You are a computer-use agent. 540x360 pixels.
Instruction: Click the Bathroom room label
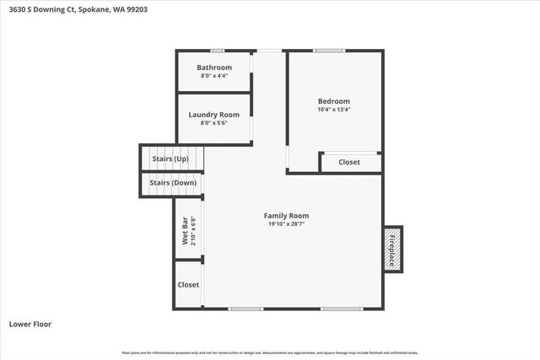click(214, 67)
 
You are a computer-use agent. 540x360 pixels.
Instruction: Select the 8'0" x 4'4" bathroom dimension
click(214, 76)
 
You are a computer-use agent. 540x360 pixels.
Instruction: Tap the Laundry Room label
click(214, 115)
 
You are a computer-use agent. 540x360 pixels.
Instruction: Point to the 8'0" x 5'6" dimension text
click(214, 123)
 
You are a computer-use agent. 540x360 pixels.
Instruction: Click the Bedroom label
click(333, 101)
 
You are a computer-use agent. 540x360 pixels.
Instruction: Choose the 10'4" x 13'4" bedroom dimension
click(333, 110)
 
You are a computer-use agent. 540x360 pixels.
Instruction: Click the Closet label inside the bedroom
click(349, 162)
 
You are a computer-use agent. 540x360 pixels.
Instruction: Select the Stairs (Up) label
click(170, 159)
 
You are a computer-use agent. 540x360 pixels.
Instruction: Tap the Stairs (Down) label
click(173, 183)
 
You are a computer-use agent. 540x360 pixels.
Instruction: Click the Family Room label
click(287, 215)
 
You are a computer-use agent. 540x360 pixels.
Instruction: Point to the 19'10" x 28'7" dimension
click(287, 224)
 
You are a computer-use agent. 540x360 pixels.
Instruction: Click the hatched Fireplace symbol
click(392, 249)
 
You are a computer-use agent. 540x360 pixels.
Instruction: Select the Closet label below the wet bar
click(188, 285)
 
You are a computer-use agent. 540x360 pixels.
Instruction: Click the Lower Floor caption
click(30, 324)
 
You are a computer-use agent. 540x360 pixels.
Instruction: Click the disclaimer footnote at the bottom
click(270, 352)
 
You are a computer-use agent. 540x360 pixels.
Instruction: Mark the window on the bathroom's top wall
click(218, 51)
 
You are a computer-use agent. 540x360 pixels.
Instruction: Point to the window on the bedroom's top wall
click(329, 51)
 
